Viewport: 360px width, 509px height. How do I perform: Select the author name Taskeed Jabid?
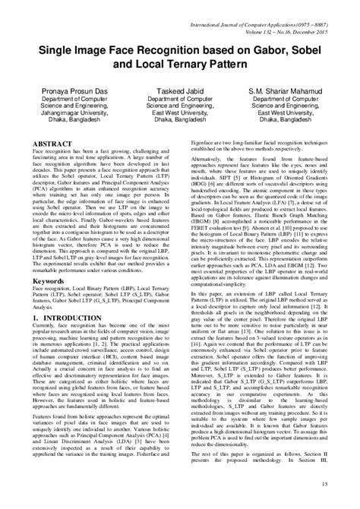pos(179,90)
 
